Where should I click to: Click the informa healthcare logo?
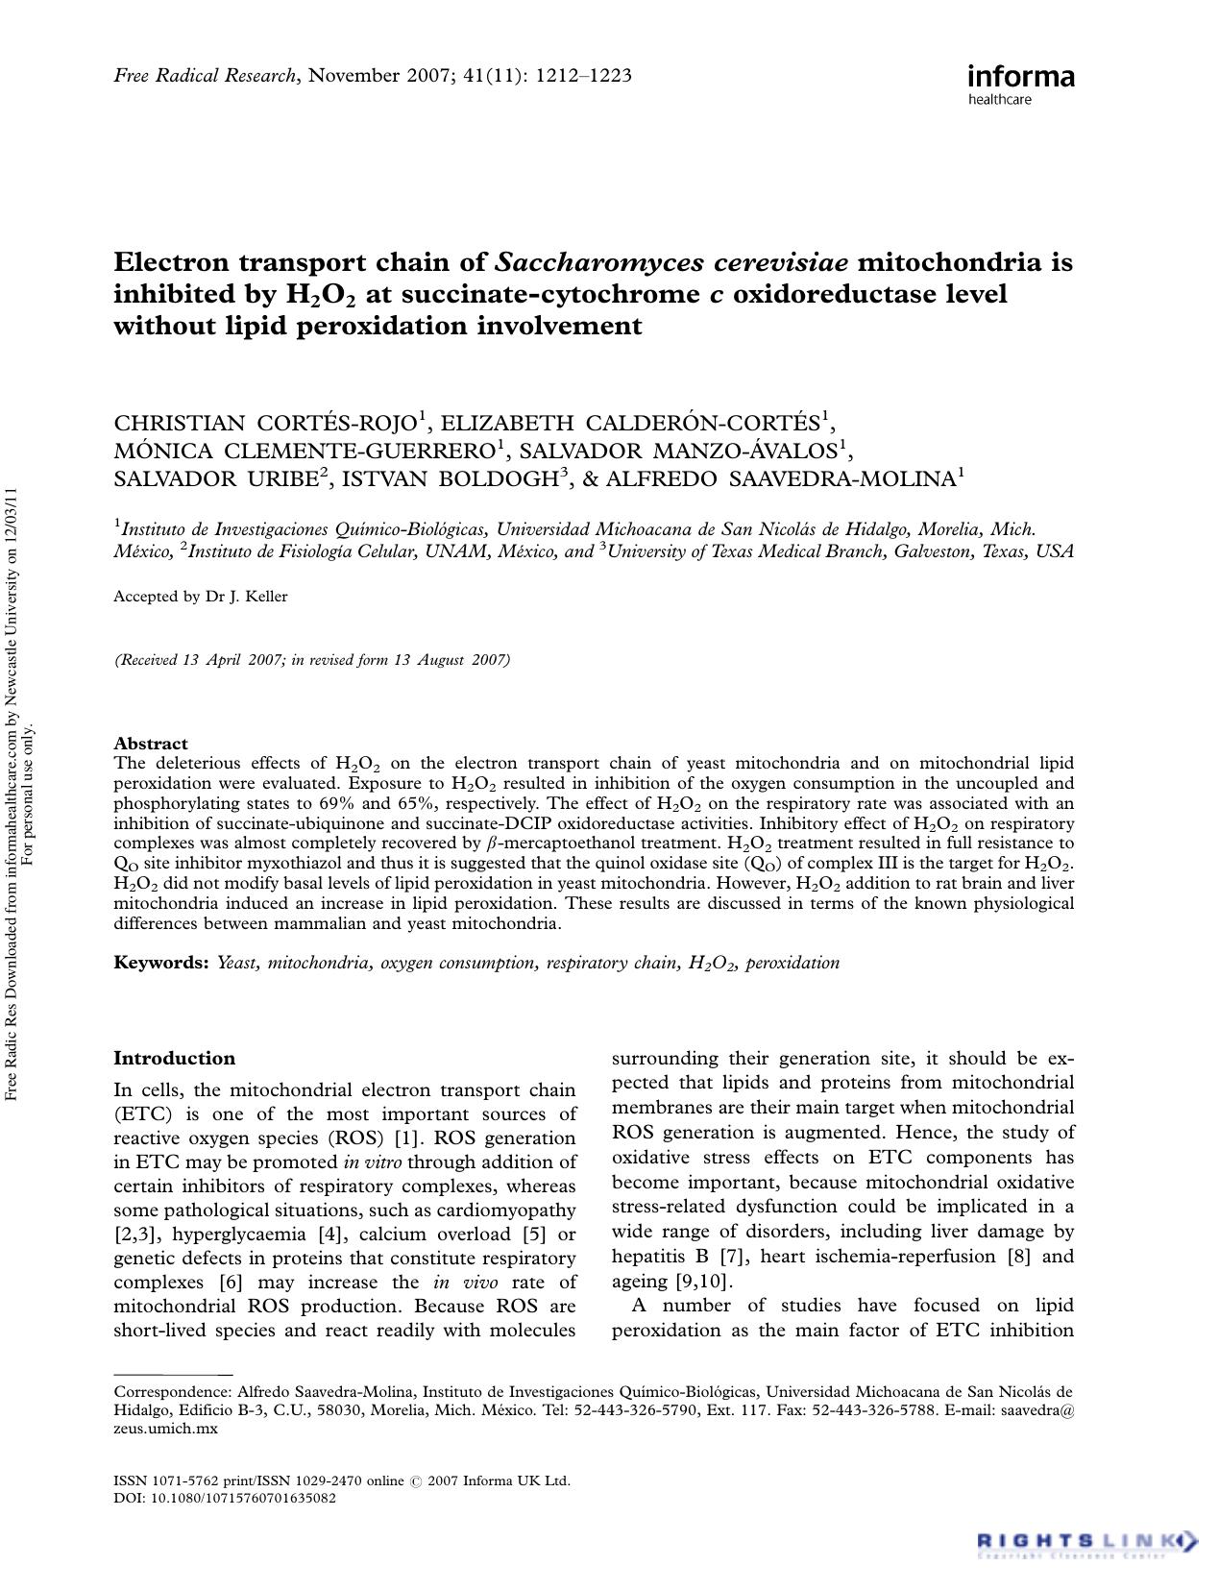click(x=1020, y=83)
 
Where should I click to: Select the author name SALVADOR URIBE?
click(x=216, y=478)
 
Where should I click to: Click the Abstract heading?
click(x=151, y=743)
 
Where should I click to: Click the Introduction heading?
click(x=174, y=1058)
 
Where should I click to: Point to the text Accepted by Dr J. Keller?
click(x=201, y=597)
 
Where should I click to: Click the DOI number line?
click(x=225, y=1498)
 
